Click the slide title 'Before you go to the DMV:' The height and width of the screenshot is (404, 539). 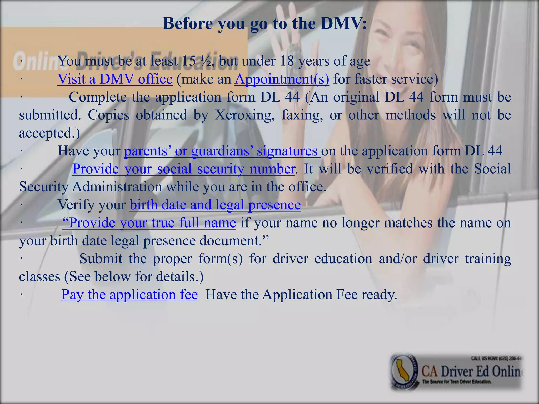[x=265, y=24]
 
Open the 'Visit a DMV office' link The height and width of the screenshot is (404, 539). [x=115, y=79]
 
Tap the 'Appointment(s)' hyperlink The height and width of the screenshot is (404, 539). [x=282, y=79]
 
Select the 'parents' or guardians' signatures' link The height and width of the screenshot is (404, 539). [x=222, y=151]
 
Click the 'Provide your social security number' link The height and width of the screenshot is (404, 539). [x=183, y=169]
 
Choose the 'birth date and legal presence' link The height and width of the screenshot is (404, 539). [x=215, y=205]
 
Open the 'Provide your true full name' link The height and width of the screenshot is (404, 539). [x=149, y=223]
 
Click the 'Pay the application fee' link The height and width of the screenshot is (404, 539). [x=129, y=294]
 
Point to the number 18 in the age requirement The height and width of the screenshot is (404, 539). [x=287, y=61]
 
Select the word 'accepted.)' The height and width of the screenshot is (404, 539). [x=49, y=133]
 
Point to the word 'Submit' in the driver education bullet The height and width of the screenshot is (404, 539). [x=101, y=259]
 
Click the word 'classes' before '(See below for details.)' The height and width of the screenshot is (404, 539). [x=40, y=277]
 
